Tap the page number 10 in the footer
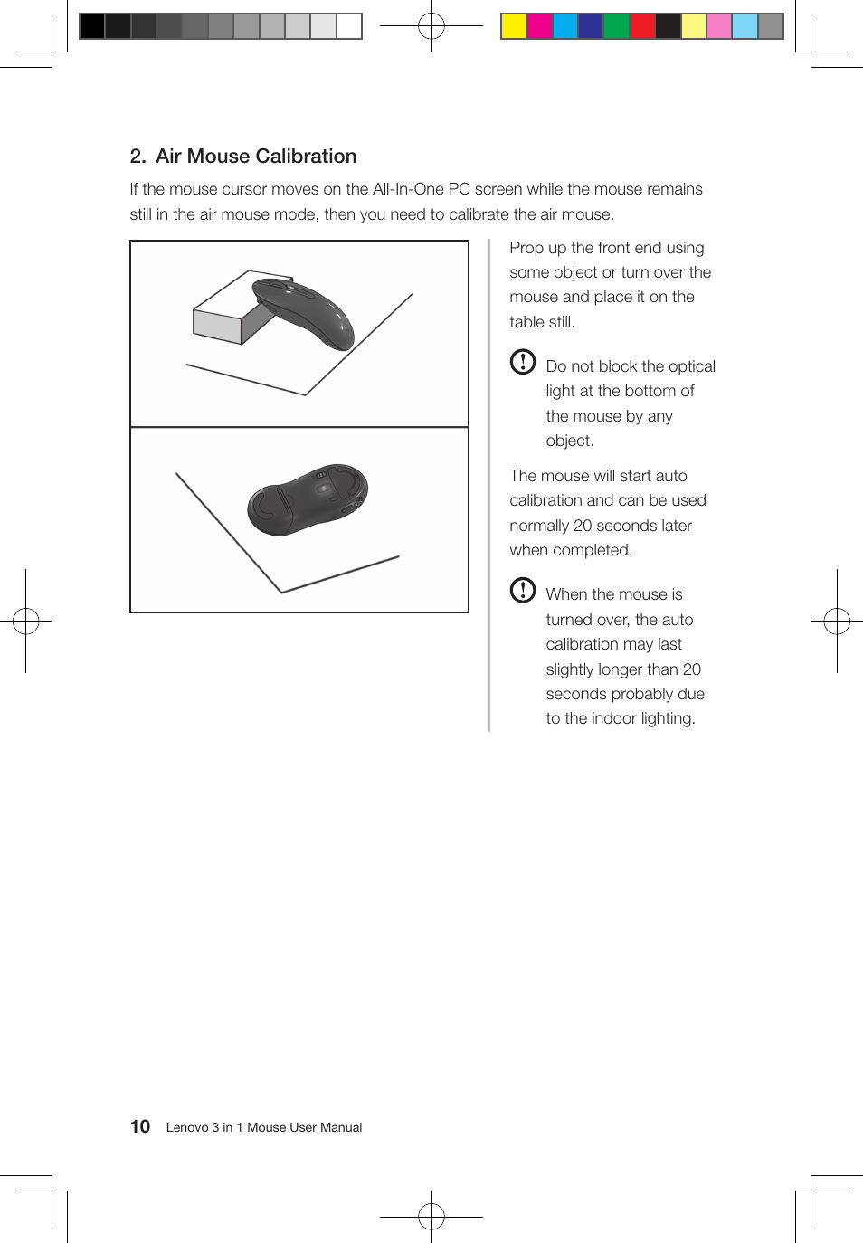point(140,1126)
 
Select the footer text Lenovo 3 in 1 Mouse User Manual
point(263,1127)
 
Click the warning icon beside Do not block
point(523,362)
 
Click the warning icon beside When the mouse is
point(523,590)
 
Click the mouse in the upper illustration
point(303,312)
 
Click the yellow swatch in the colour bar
point(514,26)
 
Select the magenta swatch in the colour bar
point(539,26)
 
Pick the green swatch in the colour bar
point(616,26)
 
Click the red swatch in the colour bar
point(641,26)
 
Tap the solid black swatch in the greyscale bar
point(92,26)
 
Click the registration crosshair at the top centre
point(431,26)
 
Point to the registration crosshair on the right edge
point(837,621)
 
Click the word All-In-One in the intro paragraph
point(408,189)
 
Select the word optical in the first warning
point(691,366)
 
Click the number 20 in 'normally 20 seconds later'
point(583,526)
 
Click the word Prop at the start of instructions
point(526,248)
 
